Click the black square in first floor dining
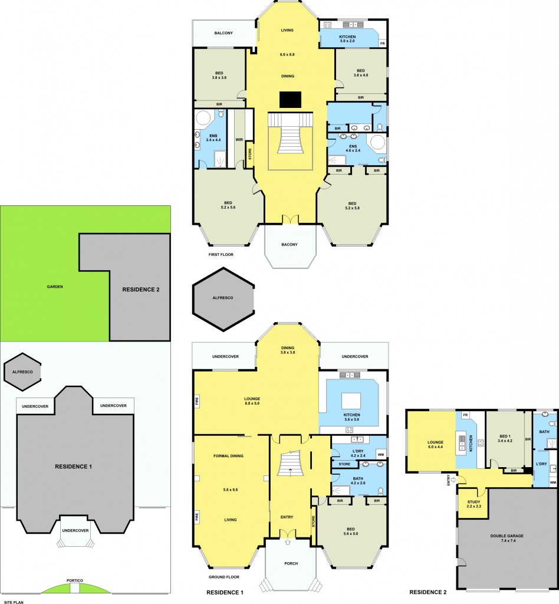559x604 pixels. (x=290, y=100)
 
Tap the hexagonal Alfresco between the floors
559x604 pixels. (x=224, y=298)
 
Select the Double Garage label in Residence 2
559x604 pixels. (x=507, y=536)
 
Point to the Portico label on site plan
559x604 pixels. (x=75, y=581)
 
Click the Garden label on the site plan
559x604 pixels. (x=55, y=287)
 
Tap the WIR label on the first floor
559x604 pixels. (x=239, y=140)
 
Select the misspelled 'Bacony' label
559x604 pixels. (x=290, y=244)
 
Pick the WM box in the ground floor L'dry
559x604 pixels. (x=380, y=455)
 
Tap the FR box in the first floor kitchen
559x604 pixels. (x=382, y=44)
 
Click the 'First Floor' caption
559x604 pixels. (x=221, y=255)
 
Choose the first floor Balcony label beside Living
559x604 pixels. (x=222, y=33)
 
